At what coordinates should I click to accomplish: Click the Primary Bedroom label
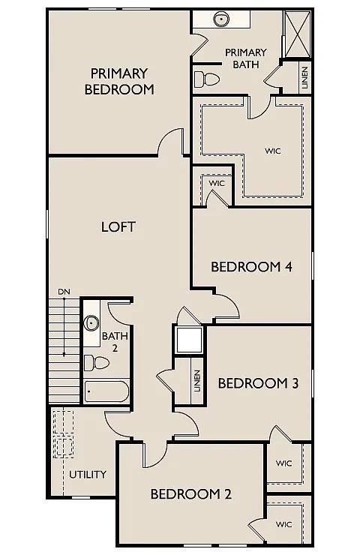119,81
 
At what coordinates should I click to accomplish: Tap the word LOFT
118,226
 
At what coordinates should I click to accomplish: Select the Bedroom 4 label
250,267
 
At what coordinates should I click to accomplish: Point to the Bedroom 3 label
258,383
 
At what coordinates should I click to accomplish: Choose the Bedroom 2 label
190,493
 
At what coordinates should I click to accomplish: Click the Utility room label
88,475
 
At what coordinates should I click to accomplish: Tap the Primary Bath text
245,58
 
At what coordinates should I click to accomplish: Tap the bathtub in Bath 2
106,392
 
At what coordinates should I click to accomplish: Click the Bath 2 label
110,342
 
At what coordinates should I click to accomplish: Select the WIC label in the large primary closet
272,150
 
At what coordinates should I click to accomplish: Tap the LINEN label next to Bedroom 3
196,382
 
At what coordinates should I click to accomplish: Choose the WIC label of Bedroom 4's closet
217,183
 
